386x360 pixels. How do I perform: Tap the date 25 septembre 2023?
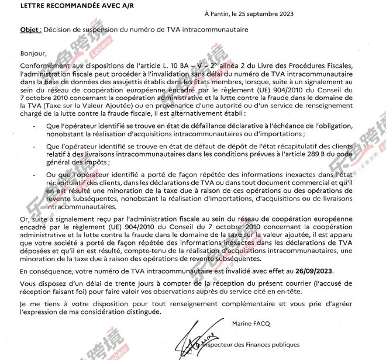pyautogui.click(x=265, y=14)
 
